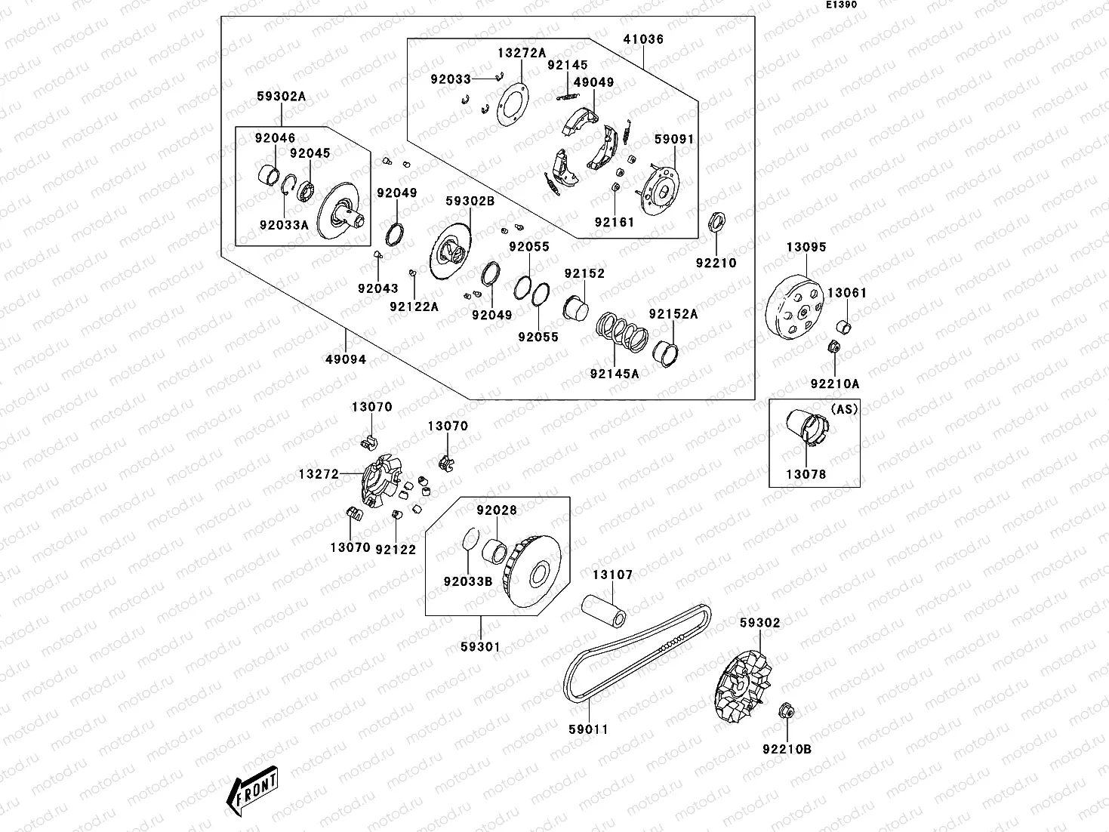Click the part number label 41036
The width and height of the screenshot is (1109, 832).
pyautogui.click(x=643, y=39)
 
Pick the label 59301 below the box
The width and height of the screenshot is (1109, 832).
pyautogui.click(x=480, y=647)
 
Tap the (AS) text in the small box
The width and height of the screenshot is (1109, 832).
pyautogui.click(x=844, y=408)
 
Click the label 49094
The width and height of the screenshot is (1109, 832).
pyautogui.click(x=345, y=359)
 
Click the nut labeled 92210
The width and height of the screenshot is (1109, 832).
pyautogui.click(x=716, y=222)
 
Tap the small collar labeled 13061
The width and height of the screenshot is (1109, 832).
pyautogui.click(x=845, y=328)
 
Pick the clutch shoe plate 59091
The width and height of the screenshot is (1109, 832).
pyautogui.click(x=659, y=186)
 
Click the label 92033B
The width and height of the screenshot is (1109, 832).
pyautogui.click(x=468, y=581)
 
